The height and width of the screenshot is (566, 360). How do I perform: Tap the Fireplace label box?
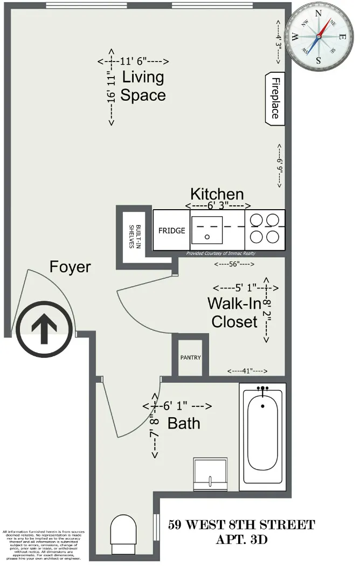coord(275,98)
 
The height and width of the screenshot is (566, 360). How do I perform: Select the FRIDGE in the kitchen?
coord(171,230)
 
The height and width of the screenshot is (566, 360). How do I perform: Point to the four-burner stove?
coord(265,230)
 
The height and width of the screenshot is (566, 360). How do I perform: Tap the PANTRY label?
coord(190,357)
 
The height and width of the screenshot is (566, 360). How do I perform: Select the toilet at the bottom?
coord(124,530)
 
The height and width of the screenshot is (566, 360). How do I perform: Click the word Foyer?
coord(71,267)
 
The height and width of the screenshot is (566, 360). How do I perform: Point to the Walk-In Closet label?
coord(233,313)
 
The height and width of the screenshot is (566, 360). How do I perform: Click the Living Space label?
coord(143,86)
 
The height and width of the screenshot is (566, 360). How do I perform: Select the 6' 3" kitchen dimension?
coord(218,206)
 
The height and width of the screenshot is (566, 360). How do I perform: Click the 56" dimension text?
coord(234,264)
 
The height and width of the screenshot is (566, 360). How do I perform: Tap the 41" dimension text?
coord(247,371)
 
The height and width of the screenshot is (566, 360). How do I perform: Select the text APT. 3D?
coord(241,539)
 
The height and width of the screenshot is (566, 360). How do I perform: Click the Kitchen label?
coord(217,194)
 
